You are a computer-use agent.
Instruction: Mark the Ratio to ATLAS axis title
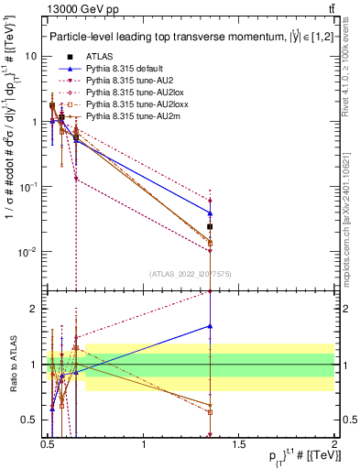point(13,364)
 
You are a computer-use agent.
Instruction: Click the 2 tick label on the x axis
point(333,450)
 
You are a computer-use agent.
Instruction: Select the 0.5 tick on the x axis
point(48,450)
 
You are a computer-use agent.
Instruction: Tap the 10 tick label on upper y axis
point(32,56)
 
